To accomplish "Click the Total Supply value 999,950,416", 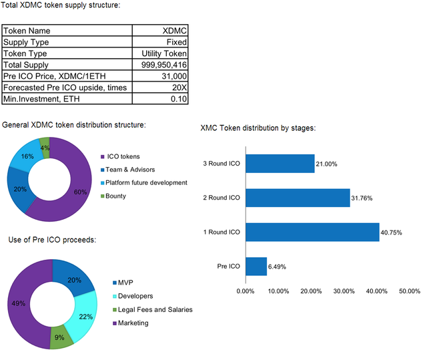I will click(164, 65).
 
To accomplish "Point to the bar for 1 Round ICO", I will click(312, 232).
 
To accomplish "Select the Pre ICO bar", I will click(256, 266).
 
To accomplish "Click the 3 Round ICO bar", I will click(280, 164).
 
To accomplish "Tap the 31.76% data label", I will click(366, 198).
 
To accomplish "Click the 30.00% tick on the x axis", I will click(344, 291).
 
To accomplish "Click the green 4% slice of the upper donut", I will click(45, 145).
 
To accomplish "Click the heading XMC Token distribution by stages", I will click(258, 128).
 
